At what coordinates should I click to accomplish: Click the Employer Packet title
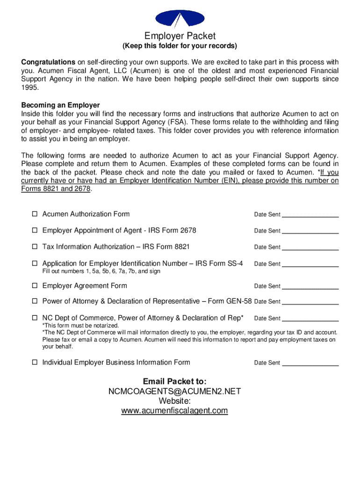tap(180, 36)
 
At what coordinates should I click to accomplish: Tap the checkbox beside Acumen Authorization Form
tap(35, 214)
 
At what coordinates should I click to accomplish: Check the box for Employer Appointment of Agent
tap(35, 231)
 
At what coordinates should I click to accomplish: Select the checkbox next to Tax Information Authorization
tap(35, 247)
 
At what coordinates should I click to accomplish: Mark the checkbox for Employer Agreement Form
tap(35, 286)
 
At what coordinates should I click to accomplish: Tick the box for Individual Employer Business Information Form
tap(35, 363)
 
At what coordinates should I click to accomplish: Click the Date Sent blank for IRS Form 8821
tap(310, 247)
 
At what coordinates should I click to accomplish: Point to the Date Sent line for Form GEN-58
tap(310, 302)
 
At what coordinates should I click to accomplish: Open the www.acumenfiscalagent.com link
tap(174, 411)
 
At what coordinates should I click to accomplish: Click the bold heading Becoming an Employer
tap(60, 105)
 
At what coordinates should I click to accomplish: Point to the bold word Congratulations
tap(48, 62)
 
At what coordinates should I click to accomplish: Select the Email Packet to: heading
tap(174, 381)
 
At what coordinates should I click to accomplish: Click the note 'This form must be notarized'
tap(81, 326)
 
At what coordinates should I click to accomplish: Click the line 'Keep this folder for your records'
tap(180, 46)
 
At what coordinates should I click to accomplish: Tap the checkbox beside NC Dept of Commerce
tap(35, 318)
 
